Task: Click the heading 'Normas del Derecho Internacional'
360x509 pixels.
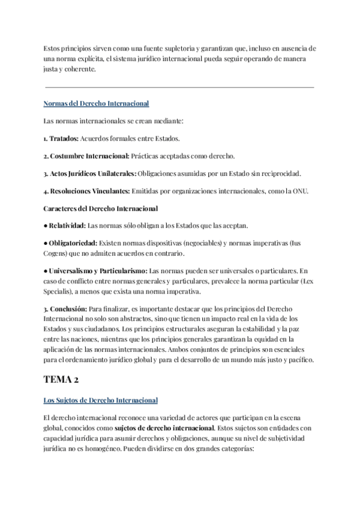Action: click(x=96, y=104)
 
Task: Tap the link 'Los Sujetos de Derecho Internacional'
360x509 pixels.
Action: click(x=101, y=400)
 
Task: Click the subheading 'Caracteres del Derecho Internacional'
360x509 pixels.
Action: click(x=101, y=209)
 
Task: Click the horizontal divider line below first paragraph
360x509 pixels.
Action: click(x=180, y=87)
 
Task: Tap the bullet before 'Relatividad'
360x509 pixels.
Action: click(x=46, y=226)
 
